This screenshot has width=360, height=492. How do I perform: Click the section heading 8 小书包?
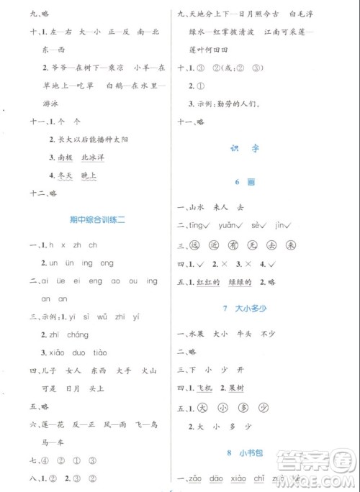[x=269, y=452]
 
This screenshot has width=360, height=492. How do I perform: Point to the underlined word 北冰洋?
[x=90, y=158]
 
